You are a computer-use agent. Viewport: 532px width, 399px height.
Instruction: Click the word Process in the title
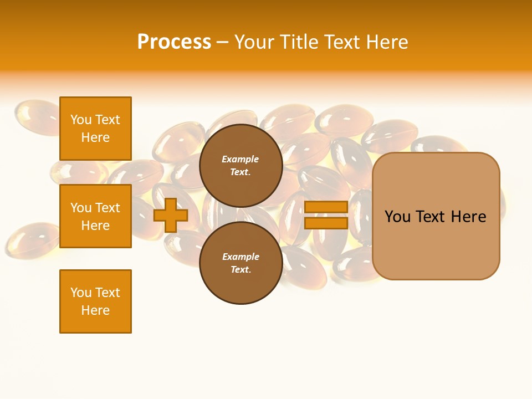point(174,42)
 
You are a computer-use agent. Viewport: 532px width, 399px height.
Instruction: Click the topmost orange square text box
point(95,129)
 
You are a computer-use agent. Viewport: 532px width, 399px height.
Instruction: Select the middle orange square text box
point(95,216)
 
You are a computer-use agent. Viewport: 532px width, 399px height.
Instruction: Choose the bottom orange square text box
point(95,301)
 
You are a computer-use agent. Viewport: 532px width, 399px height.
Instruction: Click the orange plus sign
point(171,215)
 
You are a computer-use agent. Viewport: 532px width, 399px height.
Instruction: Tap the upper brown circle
point(241,165)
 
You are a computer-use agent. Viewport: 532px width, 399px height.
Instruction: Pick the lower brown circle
point(241,263)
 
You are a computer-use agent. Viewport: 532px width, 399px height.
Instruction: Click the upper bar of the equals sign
point(326,207)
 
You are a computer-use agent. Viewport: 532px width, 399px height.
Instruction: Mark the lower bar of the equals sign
point(326,223)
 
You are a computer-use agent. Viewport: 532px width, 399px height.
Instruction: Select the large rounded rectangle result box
point(436,216)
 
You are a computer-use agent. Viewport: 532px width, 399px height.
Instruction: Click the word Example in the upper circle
point(241,159)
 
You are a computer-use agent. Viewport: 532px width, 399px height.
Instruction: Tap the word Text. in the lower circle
point(241,269)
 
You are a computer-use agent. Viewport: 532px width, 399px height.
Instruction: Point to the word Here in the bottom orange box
point(95,310)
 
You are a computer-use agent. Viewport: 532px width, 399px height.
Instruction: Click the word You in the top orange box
point(81,120)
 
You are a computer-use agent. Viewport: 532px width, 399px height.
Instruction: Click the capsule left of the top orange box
point(36,117)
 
